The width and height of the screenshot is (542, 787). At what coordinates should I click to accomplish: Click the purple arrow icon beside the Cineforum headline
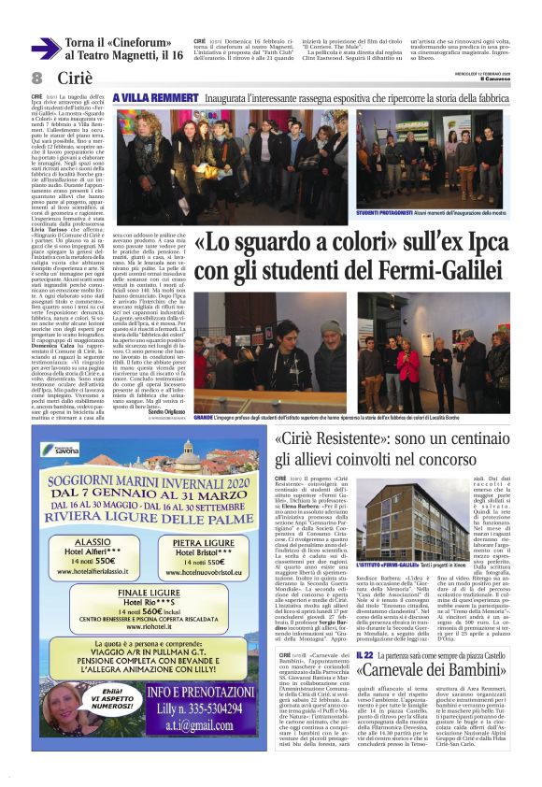coord(45,49)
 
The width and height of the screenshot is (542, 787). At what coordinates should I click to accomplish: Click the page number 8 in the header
coord(36,78)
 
